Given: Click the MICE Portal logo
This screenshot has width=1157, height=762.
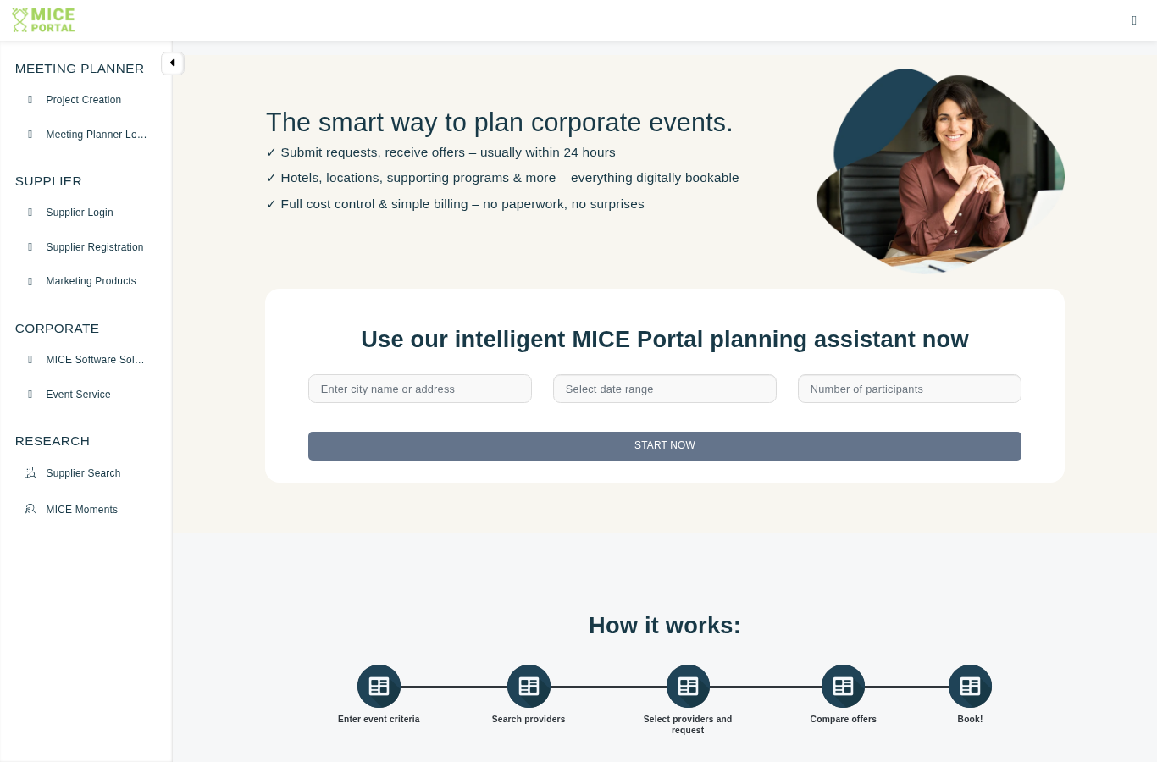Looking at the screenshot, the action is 43,20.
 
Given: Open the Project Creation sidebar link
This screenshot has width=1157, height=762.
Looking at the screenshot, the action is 83,100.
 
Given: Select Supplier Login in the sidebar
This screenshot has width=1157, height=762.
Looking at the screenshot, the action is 79,213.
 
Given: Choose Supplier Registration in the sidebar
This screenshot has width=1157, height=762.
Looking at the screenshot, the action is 95,246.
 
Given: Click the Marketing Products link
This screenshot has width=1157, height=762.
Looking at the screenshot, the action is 91,281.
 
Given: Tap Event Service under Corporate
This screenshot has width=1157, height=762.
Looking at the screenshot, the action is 78,395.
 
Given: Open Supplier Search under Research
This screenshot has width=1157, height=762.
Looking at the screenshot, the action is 83,473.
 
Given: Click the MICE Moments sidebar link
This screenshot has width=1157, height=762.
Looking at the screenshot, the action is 81,510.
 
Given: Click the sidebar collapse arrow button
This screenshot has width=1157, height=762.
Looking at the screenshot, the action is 173,63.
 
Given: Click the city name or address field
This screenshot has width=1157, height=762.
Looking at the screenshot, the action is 420,389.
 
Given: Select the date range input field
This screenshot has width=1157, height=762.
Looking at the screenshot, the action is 665,389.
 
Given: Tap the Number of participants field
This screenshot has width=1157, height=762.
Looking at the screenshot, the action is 910,389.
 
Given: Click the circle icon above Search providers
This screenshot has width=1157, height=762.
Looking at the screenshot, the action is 529,686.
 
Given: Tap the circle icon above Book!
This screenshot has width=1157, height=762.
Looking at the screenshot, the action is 970,686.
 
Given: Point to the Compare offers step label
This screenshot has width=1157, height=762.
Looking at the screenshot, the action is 843,719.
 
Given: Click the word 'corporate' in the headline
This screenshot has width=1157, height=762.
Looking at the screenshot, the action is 586,123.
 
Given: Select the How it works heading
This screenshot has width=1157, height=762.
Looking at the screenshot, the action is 665,625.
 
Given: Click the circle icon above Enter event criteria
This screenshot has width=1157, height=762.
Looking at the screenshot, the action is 379,686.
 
